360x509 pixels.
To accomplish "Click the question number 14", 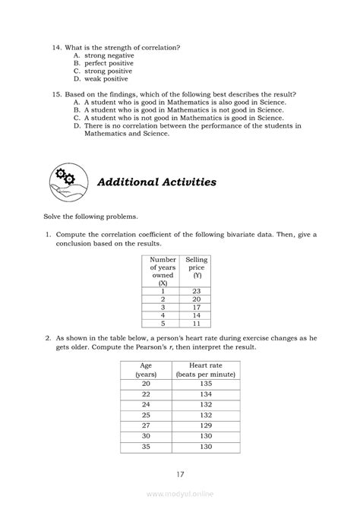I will coord(57,48).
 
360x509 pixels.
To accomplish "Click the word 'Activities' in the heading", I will coord(179,182).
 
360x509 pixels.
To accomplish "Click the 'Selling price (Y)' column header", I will coord(197,268).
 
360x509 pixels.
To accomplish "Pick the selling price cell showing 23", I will coord(196,291).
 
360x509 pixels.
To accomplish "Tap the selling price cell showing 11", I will coord(196,323).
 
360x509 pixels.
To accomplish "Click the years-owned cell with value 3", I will coord(163,307).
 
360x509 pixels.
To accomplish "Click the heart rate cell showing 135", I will coord(206,384).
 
